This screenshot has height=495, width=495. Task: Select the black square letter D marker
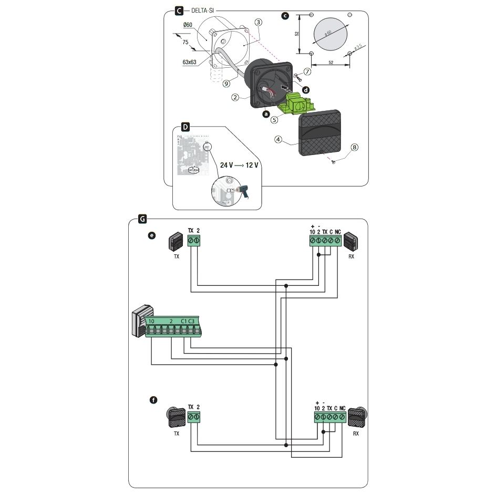click(185, 127)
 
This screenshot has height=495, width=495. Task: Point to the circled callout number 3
click(258, 22)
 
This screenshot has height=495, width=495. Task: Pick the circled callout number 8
click(355, 148)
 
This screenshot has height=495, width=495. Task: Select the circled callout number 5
click(274, 120)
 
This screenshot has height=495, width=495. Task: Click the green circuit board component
click(296, 102)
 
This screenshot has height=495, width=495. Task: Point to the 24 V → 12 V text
click(239, 165)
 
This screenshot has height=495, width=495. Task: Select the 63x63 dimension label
click(189, 62)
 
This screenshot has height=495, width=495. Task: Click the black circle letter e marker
click(152, 236)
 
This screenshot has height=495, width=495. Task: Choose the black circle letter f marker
click(153, 400)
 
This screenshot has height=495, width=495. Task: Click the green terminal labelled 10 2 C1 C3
click(174, 327)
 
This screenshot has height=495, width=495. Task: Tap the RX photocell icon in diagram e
click(350, 241)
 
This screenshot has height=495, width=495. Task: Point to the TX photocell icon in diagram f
click(176, 417)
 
